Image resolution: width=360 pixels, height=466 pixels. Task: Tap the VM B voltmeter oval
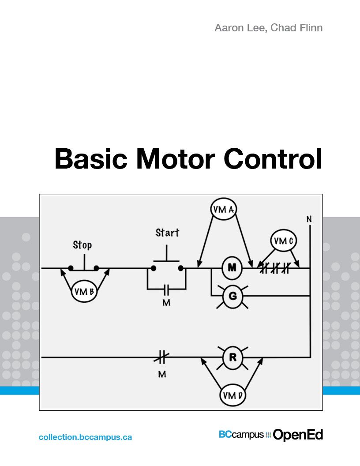tap(86, 292)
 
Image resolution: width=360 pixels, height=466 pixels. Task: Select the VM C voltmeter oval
tap(283, 241)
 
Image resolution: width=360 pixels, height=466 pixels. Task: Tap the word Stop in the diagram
tap(82, 245)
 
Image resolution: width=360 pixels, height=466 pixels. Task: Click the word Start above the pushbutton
tap(167, 233)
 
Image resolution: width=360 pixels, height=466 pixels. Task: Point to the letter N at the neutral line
tap(309, 219)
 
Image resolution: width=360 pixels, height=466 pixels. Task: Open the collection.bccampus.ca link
tap(85, 437)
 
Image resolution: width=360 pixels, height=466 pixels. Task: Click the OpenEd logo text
tap(298, 435)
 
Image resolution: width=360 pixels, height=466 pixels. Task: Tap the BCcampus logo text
tap(241, 435)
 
